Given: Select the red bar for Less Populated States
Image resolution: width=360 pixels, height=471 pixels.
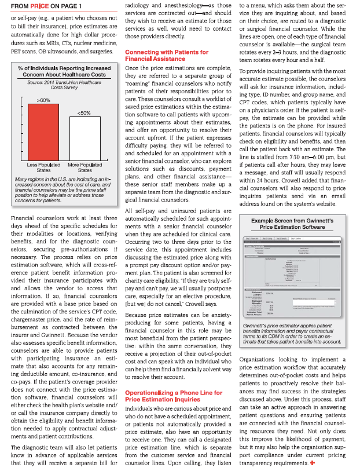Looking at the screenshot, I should [44, 128].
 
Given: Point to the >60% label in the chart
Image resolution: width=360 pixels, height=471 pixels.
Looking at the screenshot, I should [43, 101].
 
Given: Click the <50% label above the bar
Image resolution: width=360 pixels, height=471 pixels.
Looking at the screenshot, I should [84, 113].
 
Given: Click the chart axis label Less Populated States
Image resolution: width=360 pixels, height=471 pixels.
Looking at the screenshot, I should [44, 168].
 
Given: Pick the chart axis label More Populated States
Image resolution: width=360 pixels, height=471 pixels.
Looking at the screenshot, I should [85, 168].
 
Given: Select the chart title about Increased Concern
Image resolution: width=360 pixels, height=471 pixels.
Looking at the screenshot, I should [64, 72].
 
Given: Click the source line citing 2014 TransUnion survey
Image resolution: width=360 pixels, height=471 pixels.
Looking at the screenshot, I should [64, 85].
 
